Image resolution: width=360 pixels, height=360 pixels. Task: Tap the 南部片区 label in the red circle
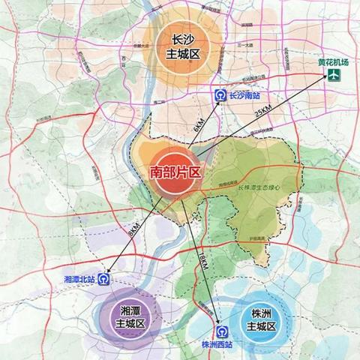coord(176,172)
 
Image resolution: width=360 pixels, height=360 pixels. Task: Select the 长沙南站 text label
coord(247,97)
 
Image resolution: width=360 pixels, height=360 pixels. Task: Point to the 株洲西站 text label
coord(219,346)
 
